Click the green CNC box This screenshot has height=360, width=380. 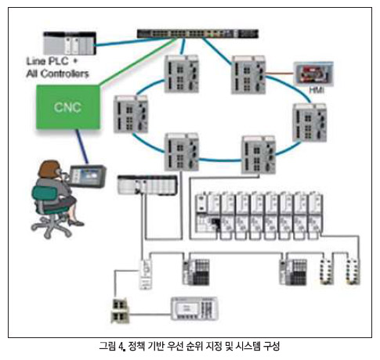[x=68, y=107]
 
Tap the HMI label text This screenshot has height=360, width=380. [x=317, y=90]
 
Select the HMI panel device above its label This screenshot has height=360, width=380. [x=313, y=74]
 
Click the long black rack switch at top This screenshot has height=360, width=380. [x=197, y=34]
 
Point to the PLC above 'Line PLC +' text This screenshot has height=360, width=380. [x=70, y=43]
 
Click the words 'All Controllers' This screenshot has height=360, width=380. [x=57, y=74]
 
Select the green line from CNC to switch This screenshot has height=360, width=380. [x=138, y=62]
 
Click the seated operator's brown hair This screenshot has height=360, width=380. [x=49, y=169]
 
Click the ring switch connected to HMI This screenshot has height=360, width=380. [x=248, y=75]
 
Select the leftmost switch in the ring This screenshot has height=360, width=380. [x=131, y=114]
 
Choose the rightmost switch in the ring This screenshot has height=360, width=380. [x=309, y=123]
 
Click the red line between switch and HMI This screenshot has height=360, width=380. [x=280, y=74]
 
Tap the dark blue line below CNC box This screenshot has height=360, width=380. [x=82, y=146]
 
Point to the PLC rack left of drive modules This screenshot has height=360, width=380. [x=147, y=185]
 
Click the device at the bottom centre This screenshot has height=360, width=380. [x=194, y=309]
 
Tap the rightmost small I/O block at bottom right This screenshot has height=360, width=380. [x=353, y=272]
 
